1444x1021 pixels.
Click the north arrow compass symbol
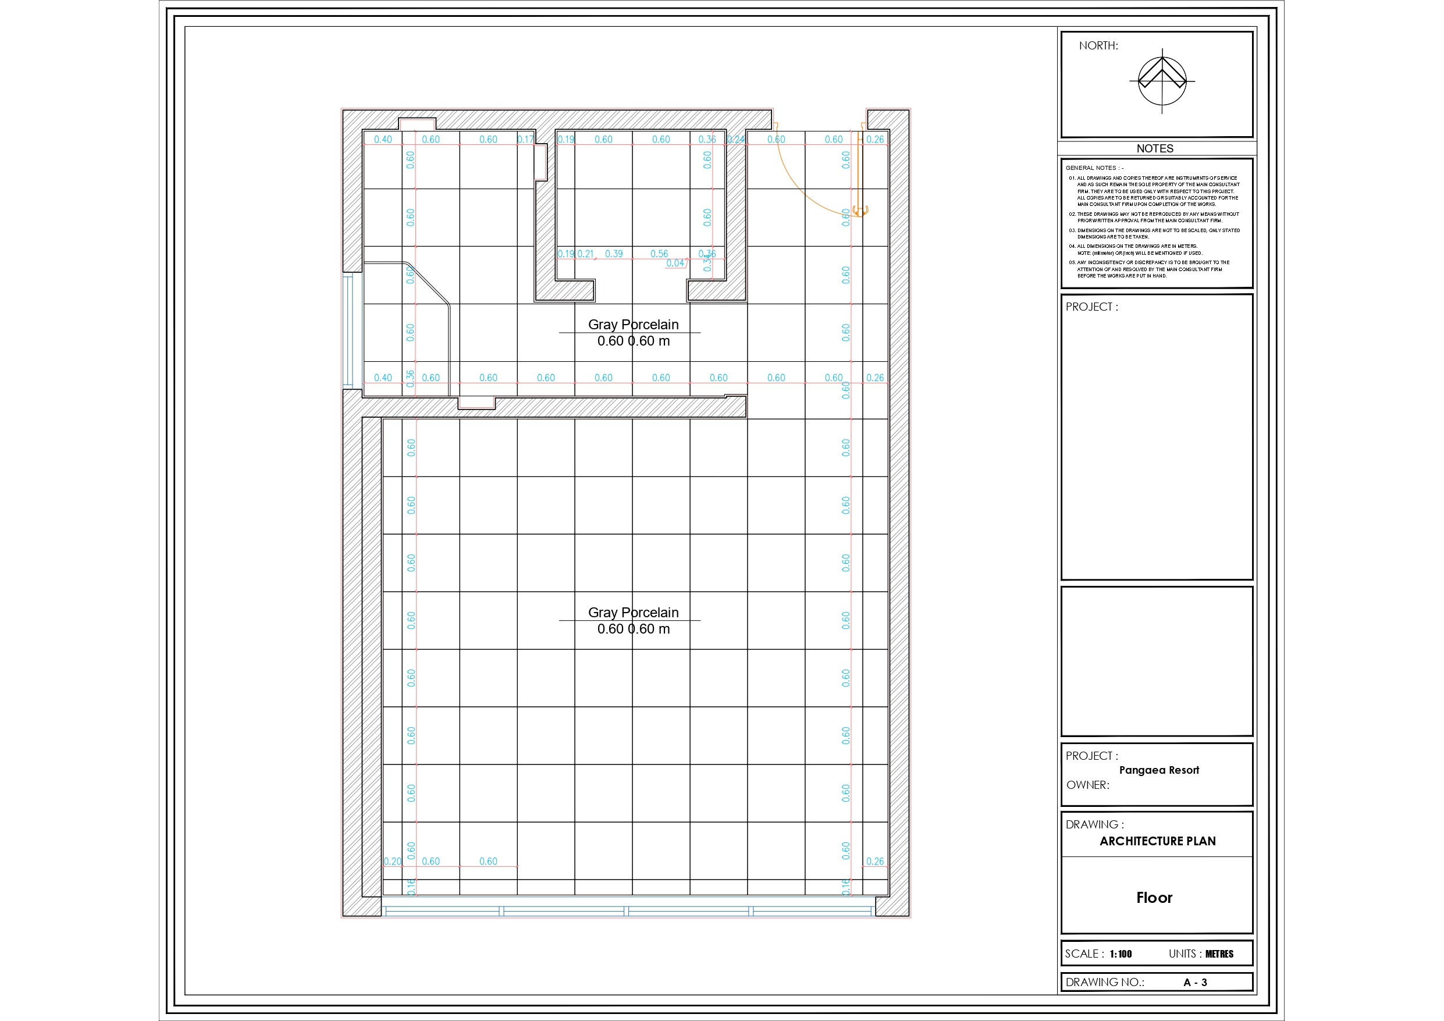pos(1162,81)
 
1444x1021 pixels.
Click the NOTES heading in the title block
pos(1154,148)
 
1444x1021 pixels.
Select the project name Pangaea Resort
pos(1158,770)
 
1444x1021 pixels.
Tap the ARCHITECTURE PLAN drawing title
pos(1157,841)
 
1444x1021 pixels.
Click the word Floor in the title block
pos(1154,898)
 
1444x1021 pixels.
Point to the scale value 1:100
pos(1120,954)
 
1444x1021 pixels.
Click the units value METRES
pos(1219,954)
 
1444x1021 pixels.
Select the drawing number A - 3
pos(1195,982)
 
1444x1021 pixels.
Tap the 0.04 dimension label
pos(675,264)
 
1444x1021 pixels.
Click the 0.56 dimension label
pos(659,254)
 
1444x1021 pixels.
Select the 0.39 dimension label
pos(614,254)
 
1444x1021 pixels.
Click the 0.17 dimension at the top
pos(525,140)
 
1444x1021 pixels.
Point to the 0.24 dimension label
pos(736,140)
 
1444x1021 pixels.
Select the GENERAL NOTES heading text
pos(1094,168)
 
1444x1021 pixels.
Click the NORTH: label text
pos(1098,46)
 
